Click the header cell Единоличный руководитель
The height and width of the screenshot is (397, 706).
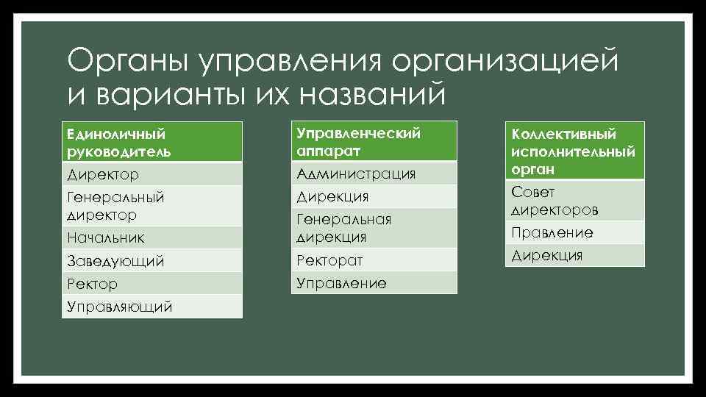coord(151,143)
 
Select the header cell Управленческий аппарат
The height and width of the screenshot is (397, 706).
coord(374,141)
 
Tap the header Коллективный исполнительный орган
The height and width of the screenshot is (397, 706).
coord(574,151)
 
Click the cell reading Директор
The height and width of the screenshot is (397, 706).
coord(151,175)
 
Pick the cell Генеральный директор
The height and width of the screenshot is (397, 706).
coord(151,206)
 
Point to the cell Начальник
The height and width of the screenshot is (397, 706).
coord(151,237)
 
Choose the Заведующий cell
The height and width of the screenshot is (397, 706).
coord(151,261)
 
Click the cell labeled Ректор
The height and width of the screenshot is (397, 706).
coord(151,284)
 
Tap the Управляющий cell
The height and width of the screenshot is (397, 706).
coord(151,307)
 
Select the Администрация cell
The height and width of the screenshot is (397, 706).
coord(374,174)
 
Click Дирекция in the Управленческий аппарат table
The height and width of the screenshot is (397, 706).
coord(374,196)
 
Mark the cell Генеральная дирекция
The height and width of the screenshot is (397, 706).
coord(374,228)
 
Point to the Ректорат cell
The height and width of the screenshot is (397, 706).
coord(374,260)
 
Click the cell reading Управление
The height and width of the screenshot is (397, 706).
coord(374,283)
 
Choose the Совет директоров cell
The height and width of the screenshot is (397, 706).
coord(574,201)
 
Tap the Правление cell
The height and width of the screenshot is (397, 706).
coord(574,233)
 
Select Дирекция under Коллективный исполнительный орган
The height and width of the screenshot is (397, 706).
coord(574,256)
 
